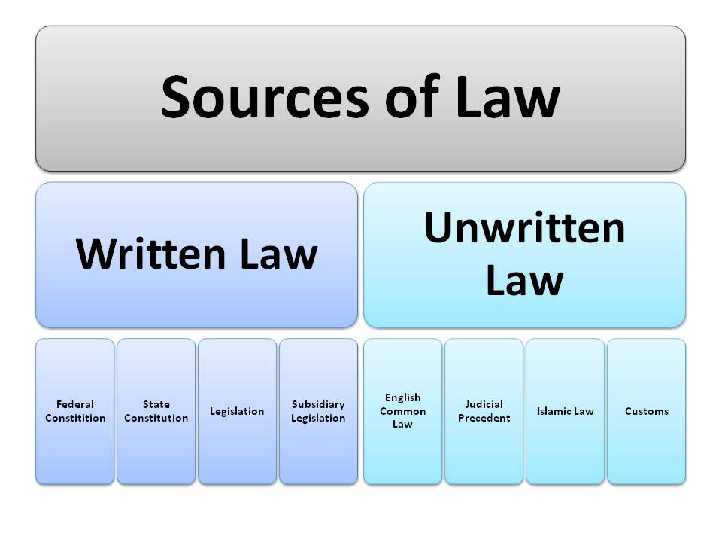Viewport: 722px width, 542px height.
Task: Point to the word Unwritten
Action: coord(524,227)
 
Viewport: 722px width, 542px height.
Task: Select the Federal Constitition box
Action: coord(75,411)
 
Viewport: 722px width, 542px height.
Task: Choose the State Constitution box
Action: coord(156,411)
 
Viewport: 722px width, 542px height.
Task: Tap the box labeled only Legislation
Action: coord(237,411)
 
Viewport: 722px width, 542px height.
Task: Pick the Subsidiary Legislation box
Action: coord(318,411)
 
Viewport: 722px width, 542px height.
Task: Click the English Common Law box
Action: coord(402,411)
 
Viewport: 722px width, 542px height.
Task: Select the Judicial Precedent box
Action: coord(484,411)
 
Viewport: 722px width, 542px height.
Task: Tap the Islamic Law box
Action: coord(565,411)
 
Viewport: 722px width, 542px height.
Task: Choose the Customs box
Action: coord(646,411)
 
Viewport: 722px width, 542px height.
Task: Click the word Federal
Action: coord(75,404)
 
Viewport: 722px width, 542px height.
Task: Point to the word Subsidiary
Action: coord(318,404)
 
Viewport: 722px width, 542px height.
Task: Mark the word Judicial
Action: coord(484,404)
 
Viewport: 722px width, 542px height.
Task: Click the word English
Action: coord(402,397)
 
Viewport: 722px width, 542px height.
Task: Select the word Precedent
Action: coord(484,418)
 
